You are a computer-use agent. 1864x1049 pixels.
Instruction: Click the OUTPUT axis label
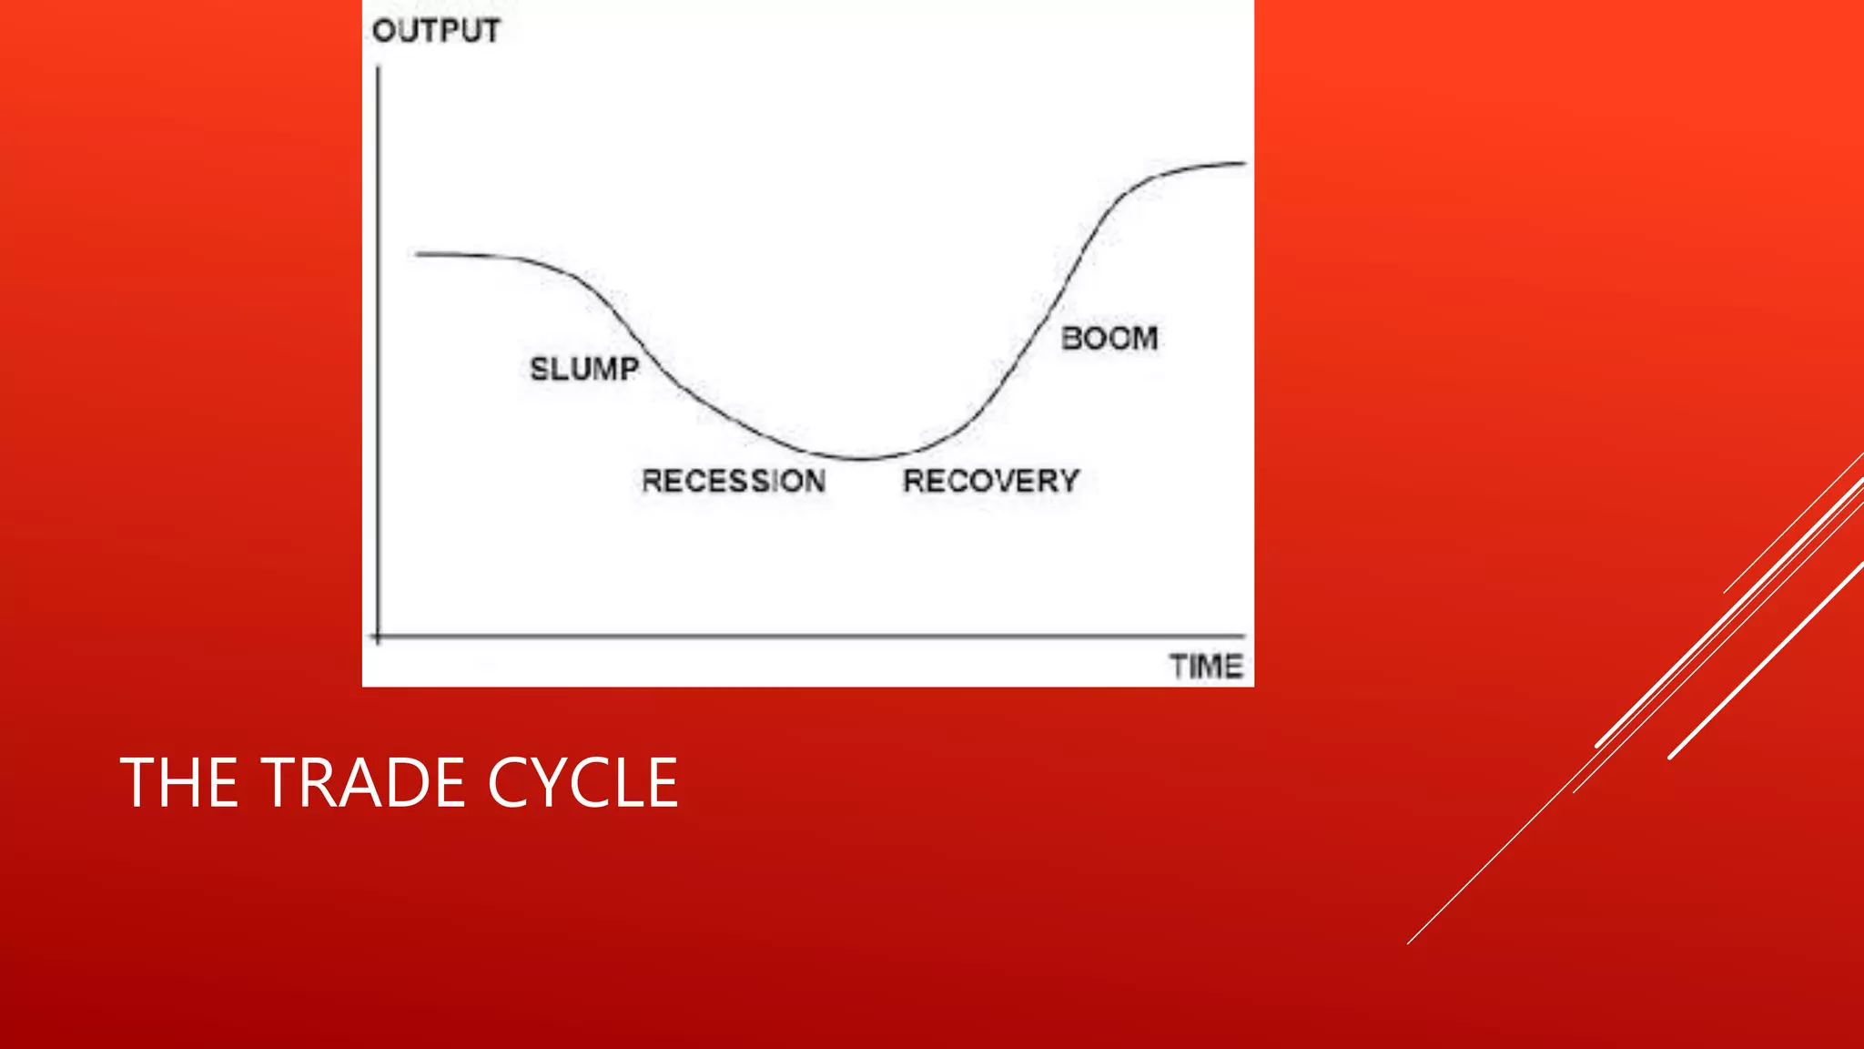(x=436, y=31)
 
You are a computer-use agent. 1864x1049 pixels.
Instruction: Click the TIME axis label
(x=1206, y=667)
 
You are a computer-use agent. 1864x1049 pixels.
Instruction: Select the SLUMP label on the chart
(x=584, y=369)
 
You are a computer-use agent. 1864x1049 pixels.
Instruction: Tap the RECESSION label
(x=734, y=481)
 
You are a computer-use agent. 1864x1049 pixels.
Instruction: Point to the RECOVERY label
(x=991, y=481)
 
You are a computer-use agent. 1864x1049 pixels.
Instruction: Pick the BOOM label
(x=1109, y=339)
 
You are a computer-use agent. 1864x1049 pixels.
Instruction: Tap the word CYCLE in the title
(x=583, y=782)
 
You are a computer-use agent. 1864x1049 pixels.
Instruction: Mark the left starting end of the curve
(x=418, y=254)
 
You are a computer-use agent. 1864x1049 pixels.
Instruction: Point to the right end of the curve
(x=1244, y=163)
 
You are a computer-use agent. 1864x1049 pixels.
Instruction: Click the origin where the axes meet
(x=378, y=637)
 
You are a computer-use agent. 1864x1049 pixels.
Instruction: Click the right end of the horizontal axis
(x=1243, y=636)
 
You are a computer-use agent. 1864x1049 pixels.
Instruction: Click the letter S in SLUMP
(x=539, y=369)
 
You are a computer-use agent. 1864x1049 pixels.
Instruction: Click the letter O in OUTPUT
(x=383, y=31)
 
